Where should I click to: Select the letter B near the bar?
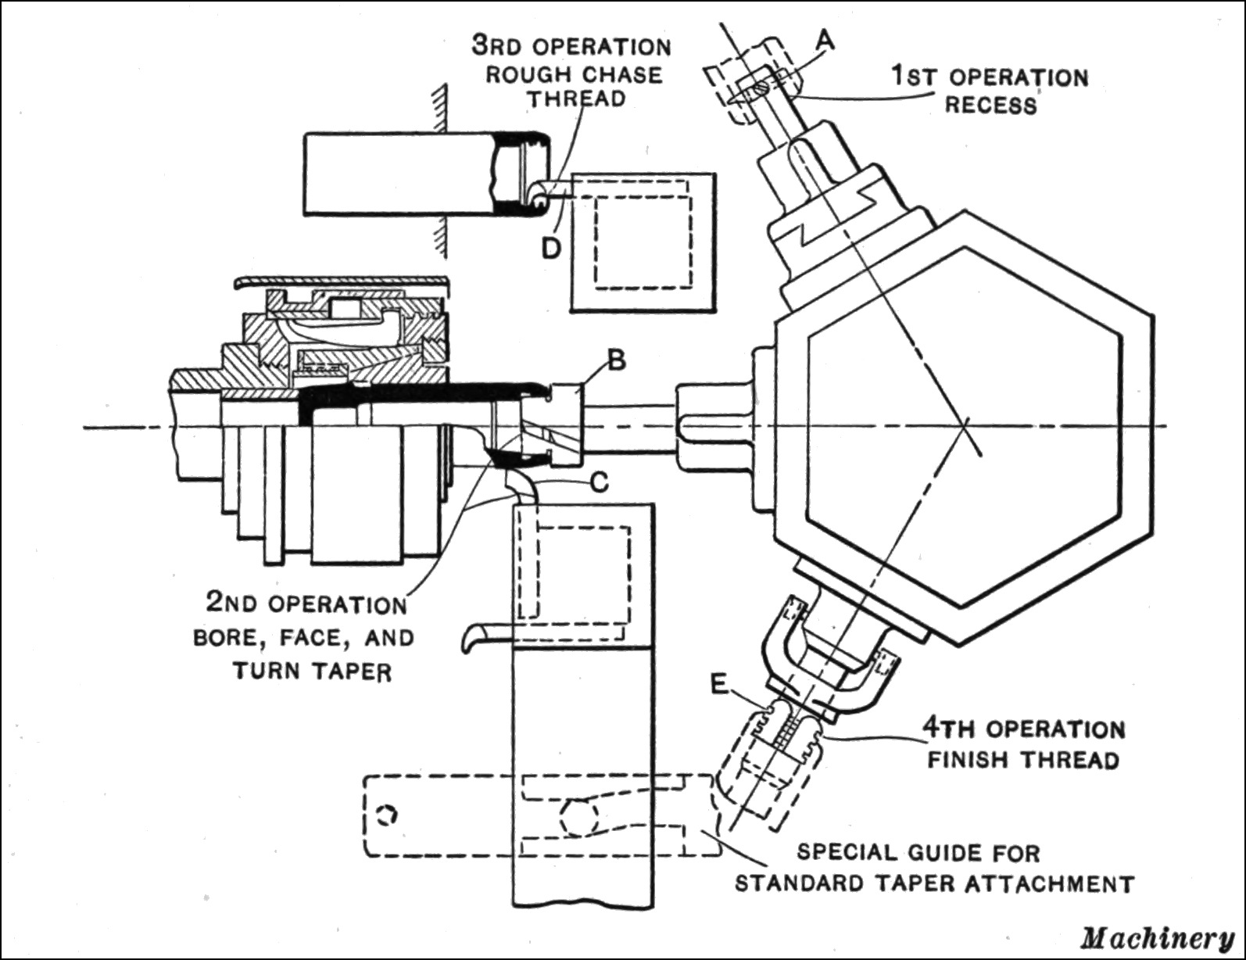tap(617, 361)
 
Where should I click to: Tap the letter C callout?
tap(598, 483)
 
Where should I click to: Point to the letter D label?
tap(552, 249)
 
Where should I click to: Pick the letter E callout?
tap(720, 686)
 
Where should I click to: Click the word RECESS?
tap(990, 105)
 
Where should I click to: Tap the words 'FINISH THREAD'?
tap(1023, 759)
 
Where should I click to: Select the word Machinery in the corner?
tap(1158, 937)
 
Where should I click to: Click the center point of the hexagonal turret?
tap(967, 427)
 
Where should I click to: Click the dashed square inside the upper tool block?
tap(643, 241)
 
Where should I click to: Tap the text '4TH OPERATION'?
tap(1025, 729)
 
